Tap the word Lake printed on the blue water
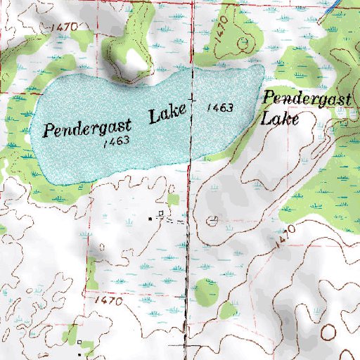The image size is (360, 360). coord(167,113)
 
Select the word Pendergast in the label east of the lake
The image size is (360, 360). coord(307,100)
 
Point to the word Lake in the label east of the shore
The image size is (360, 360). coord(281,118)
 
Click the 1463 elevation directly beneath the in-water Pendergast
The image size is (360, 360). coord(113,141)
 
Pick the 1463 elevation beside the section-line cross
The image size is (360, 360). coord(220,108)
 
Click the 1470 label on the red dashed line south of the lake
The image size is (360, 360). coord(108,300)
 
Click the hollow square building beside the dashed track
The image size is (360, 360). coord(161,212)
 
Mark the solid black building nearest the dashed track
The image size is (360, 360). coord(150,219)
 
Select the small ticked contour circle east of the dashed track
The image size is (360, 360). coord(212,221)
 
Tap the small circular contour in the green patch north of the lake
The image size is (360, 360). coord(243,42)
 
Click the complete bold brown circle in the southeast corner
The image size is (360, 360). coord(328,331)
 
